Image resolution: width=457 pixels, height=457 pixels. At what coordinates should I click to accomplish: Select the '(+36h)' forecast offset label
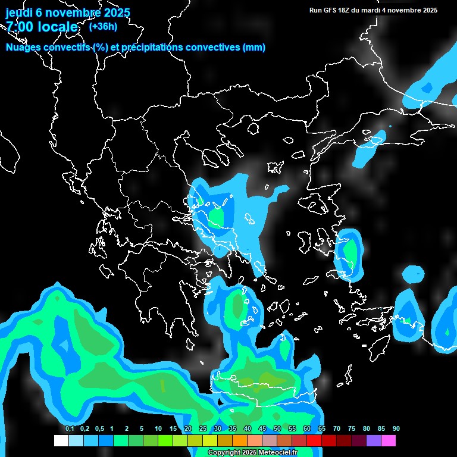[x=103, y=26]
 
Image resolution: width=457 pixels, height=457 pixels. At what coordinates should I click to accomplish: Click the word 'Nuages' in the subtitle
[x=24, y=48]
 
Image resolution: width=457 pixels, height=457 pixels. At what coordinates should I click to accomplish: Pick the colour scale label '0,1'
[x=70, y=429]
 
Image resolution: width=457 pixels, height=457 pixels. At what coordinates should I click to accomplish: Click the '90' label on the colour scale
[x=396, y=429]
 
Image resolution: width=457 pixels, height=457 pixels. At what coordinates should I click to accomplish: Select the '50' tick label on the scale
[x=277, y=429]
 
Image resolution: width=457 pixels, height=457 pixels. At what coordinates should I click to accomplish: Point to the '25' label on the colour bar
[x=203, y=429]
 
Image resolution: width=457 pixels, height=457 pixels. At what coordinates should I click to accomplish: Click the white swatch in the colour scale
[x=61, y=441]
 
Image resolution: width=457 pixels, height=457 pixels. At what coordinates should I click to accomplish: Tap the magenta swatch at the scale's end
[x=389, y=441]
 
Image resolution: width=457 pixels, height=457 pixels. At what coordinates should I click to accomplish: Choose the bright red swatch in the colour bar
[x=314, y=441]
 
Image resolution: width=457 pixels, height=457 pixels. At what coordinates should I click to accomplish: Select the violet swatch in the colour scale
[x=374, y=441]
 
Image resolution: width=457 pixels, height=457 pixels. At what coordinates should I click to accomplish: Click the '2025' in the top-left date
[x=117, y=12]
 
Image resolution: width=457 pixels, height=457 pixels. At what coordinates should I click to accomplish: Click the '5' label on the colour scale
[x=142, y=429]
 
